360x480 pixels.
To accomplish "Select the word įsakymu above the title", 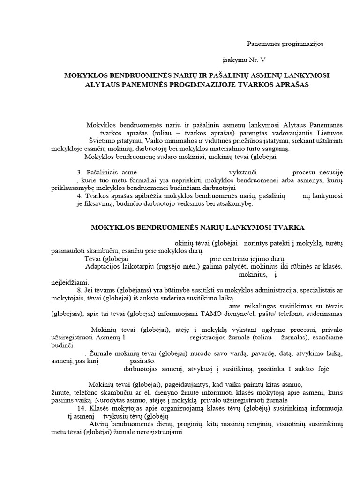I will [x=235, y=60].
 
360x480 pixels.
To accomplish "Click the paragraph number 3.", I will [x=80, y=172].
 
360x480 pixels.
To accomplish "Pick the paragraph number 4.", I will [x=80, y=196].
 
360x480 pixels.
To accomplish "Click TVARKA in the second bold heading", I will [x=288, y=227].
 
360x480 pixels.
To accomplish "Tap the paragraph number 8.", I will [x=80, y=290].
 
